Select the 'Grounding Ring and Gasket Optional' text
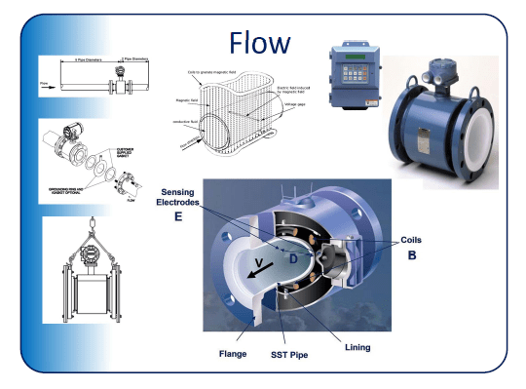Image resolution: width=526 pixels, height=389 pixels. pyautogui.click(x=68, y=184)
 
